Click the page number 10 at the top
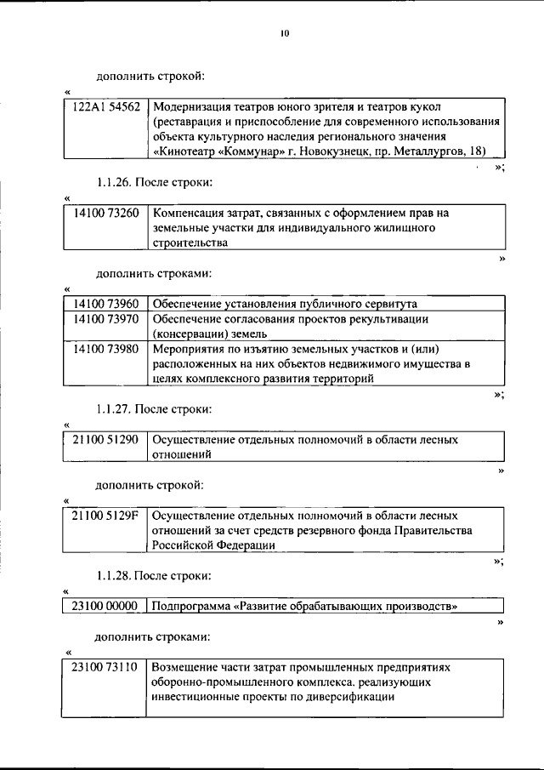(284, 34)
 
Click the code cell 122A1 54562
(106, 107)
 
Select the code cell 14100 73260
(106, 213)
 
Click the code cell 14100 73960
(106, 304)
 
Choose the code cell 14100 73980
(106, 349)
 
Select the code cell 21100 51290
(106, 440)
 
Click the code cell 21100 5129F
(106, 516)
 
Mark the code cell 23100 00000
(106, 607)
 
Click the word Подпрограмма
(192, 607)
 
